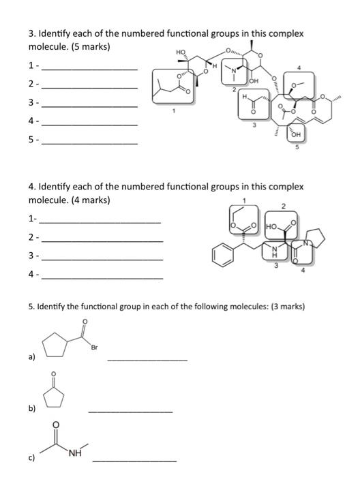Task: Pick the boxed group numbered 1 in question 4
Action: (243, 221)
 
